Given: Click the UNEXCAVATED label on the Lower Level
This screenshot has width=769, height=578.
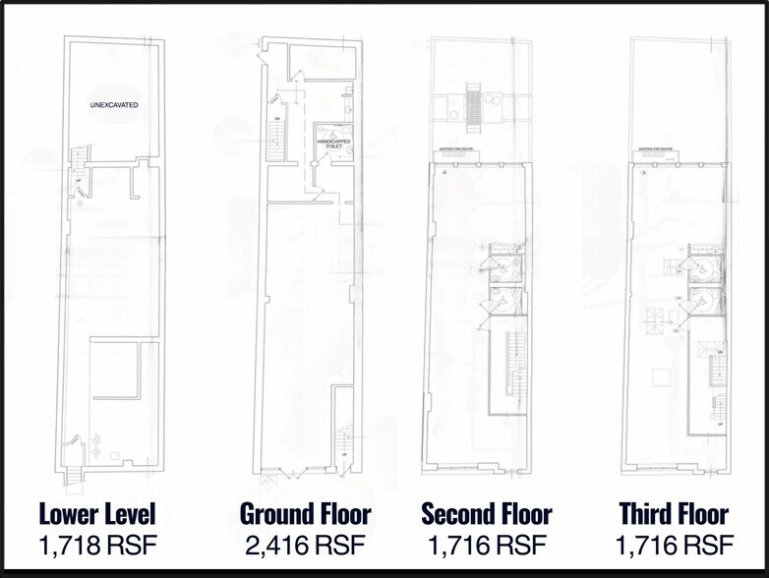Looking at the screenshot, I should pos(113,104).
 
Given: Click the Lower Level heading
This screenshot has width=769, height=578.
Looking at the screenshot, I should pos(97,513).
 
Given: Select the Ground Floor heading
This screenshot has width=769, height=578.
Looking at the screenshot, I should pos(306,513).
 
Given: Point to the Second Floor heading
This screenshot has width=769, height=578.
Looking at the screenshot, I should pos(487,513).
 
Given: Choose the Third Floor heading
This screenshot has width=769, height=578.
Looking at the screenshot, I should pos(674,513).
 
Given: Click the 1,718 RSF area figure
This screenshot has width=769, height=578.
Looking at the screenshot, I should pos(97,546).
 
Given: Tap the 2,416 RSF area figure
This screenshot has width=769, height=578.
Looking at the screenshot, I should pos(306,546).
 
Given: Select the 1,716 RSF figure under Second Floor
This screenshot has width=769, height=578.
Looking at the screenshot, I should pos(487,546).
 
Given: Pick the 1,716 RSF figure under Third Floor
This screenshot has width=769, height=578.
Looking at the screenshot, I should pos(674,546).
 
